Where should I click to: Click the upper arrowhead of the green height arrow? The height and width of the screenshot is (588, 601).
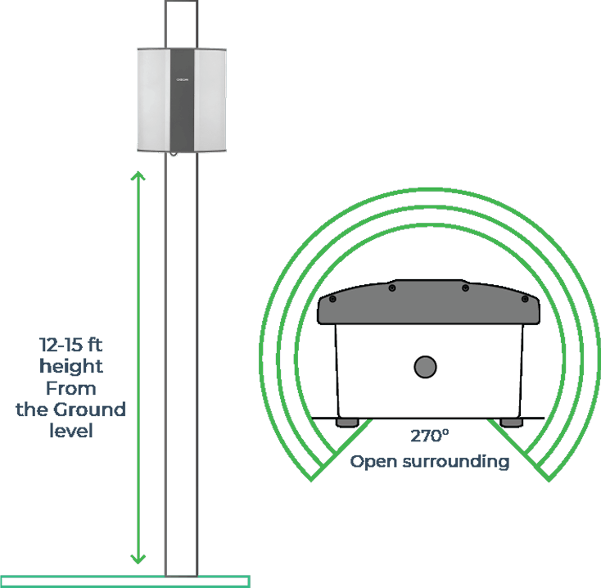[x=138, y=176]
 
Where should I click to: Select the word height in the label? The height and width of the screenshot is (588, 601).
[x=71, y=366]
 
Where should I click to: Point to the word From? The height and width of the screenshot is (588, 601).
[x=71, y=387]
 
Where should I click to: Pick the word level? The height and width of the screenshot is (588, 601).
[x=71, y=431]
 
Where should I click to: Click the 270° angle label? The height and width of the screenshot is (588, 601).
[x=430, y=437]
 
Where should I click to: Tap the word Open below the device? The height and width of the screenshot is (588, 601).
[x=376, y=461]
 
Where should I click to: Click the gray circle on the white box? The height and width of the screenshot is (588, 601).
[x=425, y=367]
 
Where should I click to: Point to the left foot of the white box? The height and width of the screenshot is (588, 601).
[x=347, y=422]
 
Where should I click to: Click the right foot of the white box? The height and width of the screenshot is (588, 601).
[x=512, y=422]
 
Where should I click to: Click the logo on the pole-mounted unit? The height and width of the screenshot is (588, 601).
[x=183, y=79]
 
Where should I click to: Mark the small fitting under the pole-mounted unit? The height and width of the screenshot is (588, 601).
[x=173, y=154]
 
